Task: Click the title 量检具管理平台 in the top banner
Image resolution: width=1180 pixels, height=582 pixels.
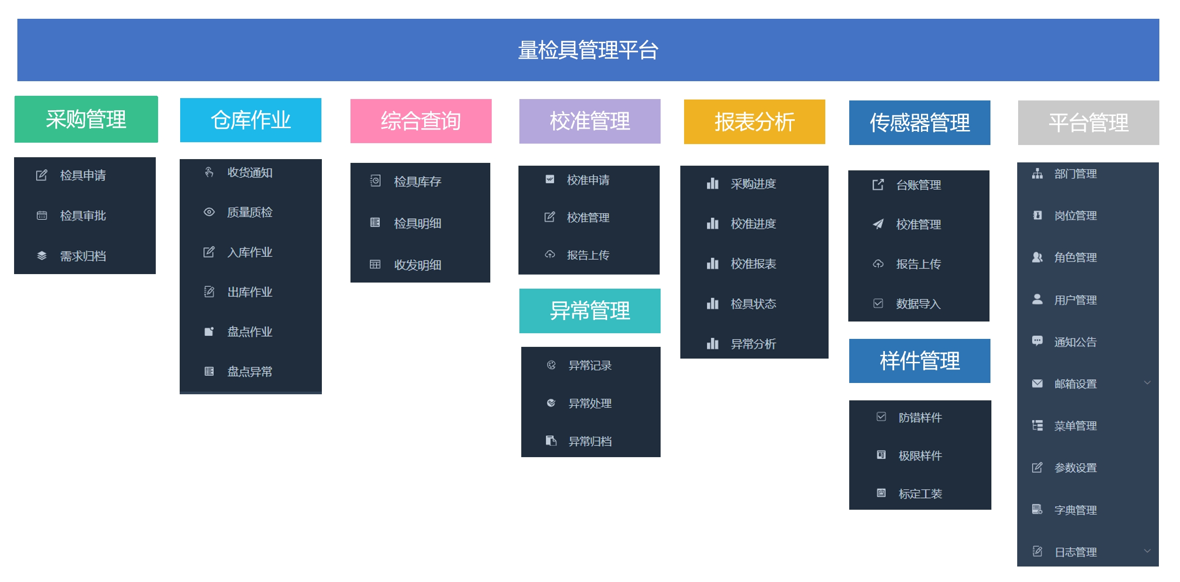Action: [588, 50]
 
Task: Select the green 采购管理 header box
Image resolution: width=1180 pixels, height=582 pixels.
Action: [86, 119]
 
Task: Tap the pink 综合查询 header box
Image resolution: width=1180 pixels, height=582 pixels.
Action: [421, 121]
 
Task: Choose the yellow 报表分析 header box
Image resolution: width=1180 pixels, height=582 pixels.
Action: [754, 122]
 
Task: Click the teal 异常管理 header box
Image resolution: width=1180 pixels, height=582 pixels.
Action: [590, 311]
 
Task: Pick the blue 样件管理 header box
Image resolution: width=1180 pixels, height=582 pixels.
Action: [920, 361]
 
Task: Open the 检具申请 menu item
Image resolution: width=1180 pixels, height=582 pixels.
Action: [83, 176]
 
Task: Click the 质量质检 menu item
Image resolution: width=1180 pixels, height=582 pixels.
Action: [250, 213]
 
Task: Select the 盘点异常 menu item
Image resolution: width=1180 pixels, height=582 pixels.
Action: [250, 372]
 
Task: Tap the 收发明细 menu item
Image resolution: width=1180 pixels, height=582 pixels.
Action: [418, 265]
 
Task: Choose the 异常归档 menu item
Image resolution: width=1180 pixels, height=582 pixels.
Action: [590, 441]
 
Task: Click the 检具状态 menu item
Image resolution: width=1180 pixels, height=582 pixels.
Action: [753, 304]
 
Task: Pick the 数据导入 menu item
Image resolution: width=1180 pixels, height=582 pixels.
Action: [918, 304]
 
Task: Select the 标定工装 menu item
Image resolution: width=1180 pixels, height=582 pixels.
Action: [920, 494]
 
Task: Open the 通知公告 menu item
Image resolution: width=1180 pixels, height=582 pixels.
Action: [1075, 342]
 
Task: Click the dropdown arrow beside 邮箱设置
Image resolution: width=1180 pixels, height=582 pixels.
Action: [1147, 383]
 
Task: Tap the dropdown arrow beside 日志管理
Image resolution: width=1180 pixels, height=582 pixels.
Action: [1147, 551]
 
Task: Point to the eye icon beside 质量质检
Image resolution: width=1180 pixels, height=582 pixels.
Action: [209, 212]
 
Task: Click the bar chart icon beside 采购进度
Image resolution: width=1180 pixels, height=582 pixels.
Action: [713, 184]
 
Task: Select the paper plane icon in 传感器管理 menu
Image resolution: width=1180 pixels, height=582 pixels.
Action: [878, 224]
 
